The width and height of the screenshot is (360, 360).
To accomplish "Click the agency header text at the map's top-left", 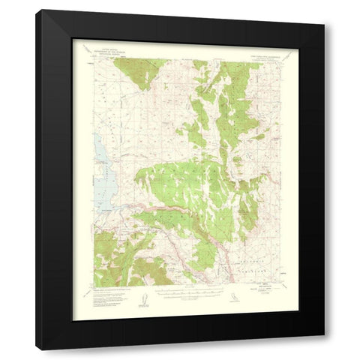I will coord(107,50).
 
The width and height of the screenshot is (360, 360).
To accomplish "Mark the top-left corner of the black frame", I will coord(35,10).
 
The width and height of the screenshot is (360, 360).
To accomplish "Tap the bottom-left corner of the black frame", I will coord(35,350).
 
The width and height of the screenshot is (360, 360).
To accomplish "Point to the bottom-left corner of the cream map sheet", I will coord(72,320).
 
